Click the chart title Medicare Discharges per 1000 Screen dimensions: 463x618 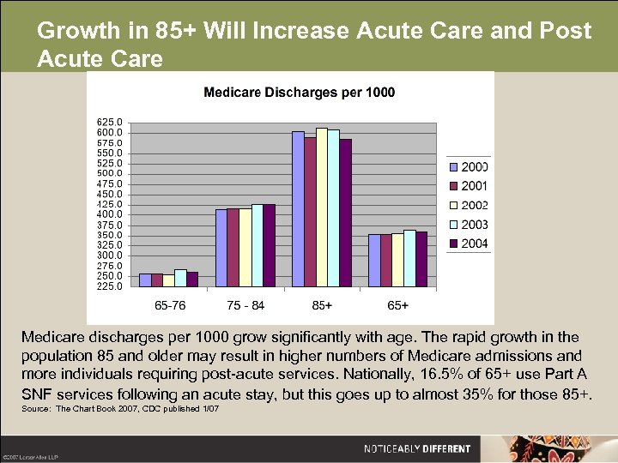click(299, 93)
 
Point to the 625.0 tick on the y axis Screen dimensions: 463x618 click(109, 123)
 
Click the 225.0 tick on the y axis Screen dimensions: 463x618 click(109, 286)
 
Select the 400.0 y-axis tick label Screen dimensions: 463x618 click(109, 214)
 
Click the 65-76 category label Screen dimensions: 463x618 click(169, 305)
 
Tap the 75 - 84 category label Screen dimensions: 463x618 click(245, 305)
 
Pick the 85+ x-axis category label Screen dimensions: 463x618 click(322, 305)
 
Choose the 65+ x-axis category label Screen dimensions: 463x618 click(398, 305)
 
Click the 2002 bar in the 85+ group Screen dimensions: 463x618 click(322, 207)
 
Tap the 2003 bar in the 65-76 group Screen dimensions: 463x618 click(180, 278)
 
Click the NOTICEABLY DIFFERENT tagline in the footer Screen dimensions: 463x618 click(417, 448)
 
